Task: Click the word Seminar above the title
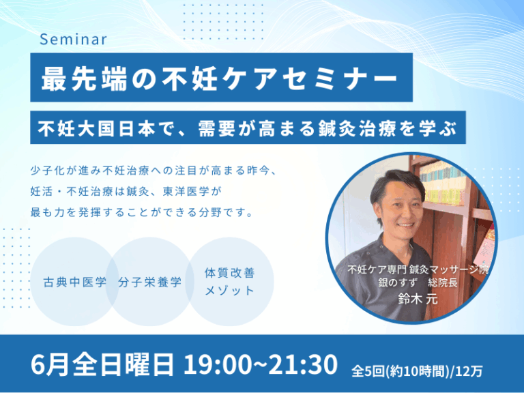click(x=74, y=40)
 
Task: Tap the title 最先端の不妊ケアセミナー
click(x=220, y=79)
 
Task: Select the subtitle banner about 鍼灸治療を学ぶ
click(x=248, y=128)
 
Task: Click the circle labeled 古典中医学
click(x=75, y=282)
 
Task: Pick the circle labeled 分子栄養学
click(x=149, y=282)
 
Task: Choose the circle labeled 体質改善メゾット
click(x=229, y=282)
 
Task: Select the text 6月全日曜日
click(x=102, y=364)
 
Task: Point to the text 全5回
click(x=368, y=371)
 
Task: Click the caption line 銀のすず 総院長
click(x=418, y=282)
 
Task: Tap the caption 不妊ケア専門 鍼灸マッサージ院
click(x=418, y=270)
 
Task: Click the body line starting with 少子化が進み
click(x=153, y=171)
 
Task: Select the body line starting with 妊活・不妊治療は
click(x=126, y=192)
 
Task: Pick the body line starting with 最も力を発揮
click(x=142, y=212)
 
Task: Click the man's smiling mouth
click(x=406, y=225)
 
